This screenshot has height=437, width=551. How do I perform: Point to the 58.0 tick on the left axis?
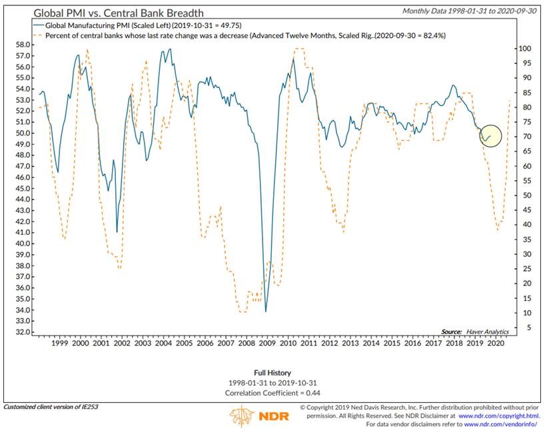tap(21, 45)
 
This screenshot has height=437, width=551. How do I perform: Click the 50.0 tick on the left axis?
tap(21, 133)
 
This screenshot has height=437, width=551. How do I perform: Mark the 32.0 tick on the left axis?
tap(21, 332)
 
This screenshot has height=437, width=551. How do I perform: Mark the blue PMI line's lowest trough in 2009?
tap(266, 311)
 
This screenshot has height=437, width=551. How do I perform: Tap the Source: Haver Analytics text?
tap(474, 332)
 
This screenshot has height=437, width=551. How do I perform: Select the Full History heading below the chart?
tap(273, 372)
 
